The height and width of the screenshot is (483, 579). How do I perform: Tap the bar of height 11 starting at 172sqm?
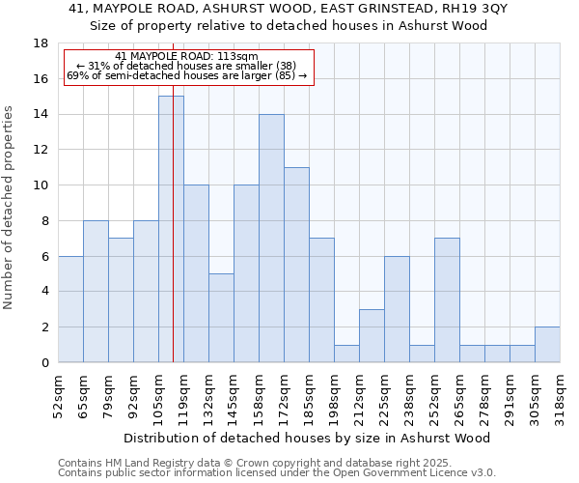[x=296, y=265]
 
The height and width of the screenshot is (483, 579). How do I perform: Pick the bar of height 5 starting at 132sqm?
[x=221, y=318]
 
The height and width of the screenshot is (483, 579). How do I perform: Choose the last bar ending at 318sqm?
[x=547, y=345]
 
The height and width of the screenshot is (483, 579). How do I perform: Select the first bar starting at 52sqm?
[x=70, y=309]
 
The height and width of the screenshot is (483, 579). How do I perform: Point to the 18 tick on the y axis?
[x=41, y=43]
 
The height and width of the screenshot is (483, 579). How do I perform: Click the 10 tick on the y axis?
[x=41, y=185]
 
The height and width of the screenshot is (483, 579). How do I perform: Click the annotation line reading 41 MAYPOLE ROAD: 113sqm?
[x=186, y=57]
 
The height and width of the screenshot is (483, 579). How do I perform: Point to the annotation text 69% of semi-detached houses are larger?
[x=186, y=75]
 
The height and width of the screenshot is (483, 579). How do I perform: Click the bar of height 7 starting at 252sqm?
[x=447, y=299]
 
